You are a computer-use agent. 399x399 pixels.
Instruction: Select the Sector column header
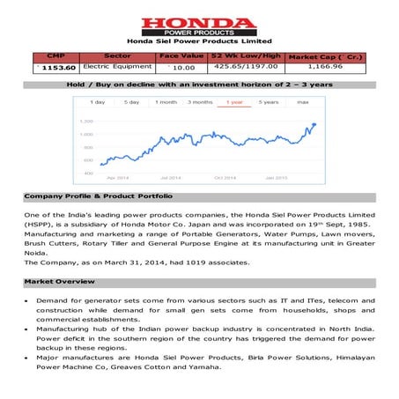click(117, 55)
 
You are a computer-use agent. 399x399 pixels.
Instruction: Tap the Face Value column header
click(181, 55)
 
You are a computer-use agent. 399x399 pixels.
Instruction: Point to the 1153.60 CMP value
click(51, 66)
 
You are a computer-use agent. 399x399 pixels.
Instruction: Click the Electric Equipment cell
click(117, 66)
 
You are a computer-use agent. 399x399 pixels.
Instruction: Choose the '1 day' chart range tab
click(98, 102)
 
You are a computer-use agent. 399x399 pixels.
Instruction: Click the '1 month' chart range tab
click(166, 102)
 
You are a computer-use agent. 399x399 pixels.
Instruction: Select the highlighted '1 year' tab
click(233, 102)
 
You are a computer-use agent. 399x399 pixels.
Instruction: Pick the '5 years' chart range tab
click(269, 102)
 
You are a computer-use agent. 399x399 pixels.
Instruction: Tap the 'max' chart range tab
click(302, 102)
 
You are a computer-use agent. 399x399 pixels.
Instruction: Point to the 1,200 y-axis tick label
click(87, 121)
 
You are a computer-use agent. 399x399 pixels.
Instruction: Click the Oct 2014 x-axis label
click(226, 177)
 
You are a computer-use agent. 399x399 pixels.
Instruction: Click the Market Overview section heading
click(55, 283)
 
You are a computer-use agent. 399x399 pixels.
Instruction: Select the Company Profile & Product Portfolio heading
click(98, 196)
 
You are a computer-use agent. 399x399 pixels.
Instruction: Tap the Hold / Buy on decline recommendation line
click(199, 85)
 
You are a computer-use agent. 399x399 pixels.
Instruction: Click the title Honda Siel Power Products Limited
click(199, 41)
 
